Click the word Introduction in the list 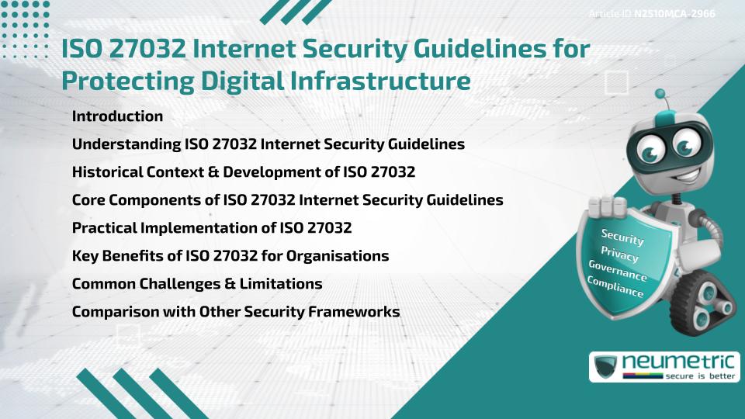point(117,116)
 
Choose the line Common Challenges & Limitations point(197,284)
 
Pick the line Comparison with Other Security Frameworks point(236,312)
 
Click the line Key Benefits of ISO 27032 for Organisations point(230,256)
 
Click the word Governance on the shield point(618,272)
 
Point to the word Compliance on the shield point(615,288)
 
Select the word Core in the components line point(88,200)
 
